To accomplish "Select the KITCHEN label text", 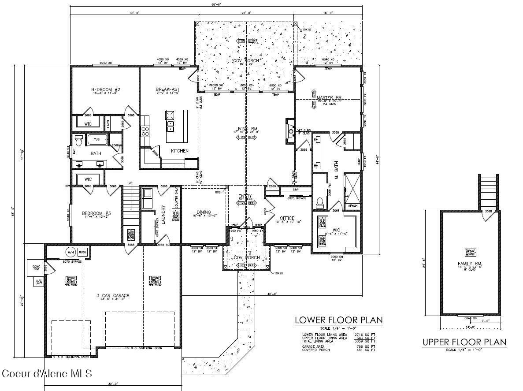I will tap(180, 151).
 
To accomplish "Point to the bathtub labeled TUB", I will tap(96, 140).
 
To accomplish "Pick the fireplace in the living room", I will tap(290, 131).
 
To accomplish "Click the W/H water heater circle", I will tap(70, 252).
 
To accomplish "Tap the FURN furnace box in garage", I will tap(82, 252).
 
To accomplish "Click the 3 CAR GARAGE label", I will tap(113, 296).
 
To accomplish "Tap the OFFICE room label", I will tap(287, 218).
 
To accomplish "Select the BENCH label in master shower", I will tap(353, 206).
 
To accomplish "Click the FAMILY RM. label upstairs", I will tap(470, 264).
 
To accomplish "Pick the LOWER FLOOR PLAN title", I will tap(338, 320).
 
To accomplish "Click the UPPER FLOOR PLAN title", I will tap(464, 342).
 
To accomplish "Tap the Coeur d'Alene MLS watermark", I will tap(47, 374).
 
